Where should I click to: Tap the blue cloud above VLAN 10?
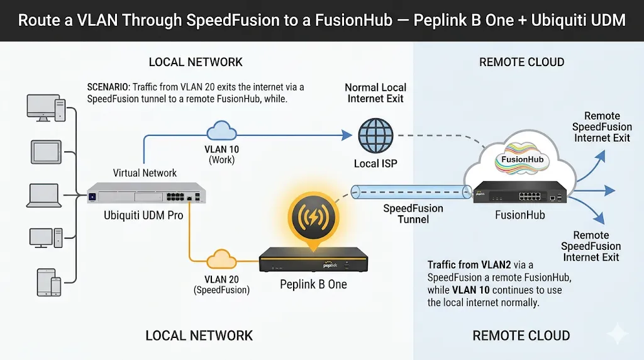pos(221,131)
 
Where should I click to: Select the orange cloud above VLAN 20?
pos(221,260)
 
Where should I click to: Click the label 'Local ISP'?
pos(375,164)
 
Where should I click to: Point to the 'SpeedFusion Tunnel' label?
pos(413,214)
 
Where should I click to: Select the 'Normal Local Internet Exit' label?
pos(375,93)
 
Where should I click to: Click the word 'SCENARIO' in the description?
pos(109,87)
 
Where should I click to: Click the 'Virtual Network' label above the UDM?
pos(145,172)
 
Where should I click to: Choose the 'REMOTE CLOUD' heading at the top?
pos(521,62)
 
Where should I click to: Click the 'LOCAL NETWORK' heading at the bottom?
pos(199,335)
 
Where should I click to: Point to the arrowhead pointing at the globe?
pos(345,135)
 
